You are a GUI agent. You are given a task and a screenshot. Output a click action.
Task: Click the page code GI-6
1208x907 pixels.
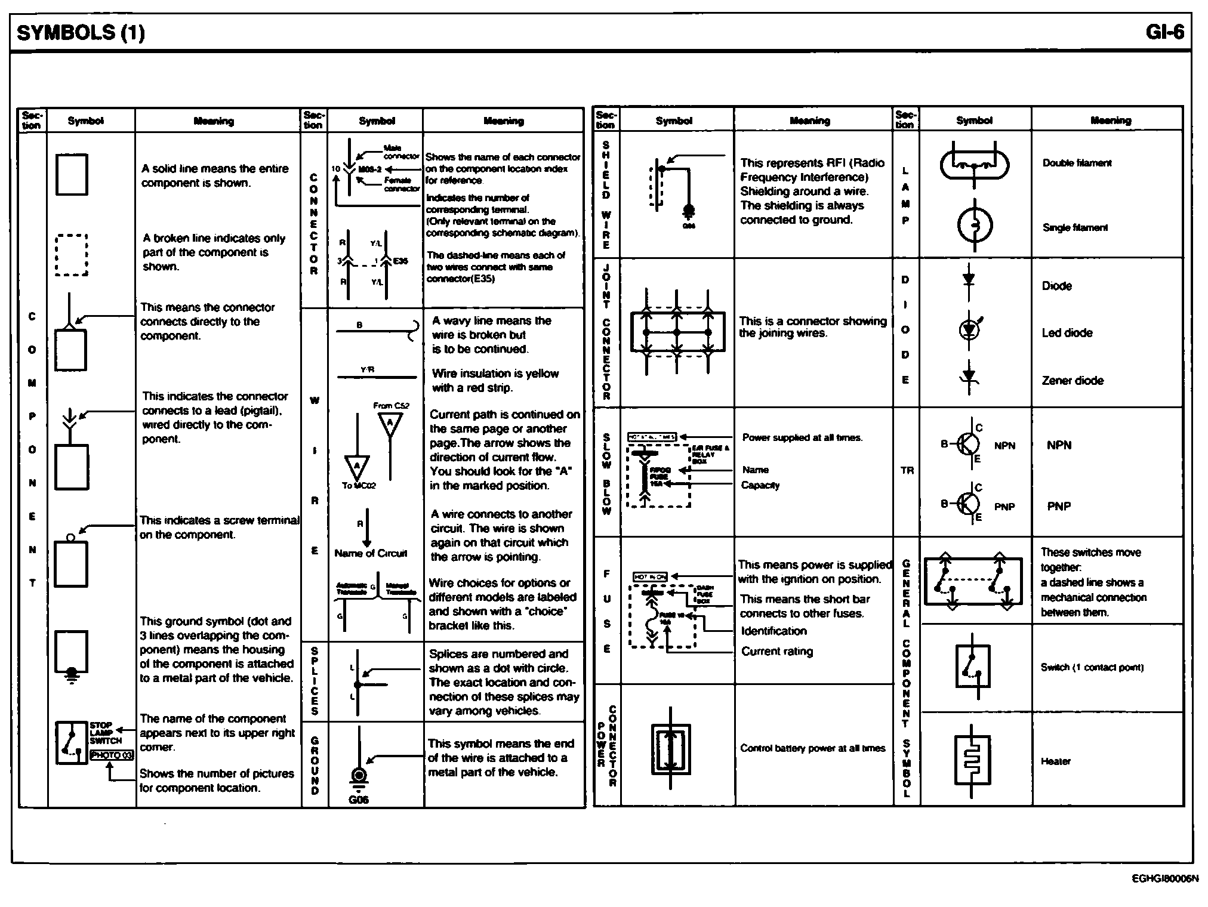point(1164,32)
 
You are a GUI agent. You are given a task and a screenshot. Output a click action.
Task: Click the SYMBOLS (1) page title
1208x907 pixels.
point(81,32)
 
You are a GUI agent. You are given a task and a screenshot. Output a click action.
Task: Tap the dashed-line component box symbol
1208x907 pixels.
point(72,255)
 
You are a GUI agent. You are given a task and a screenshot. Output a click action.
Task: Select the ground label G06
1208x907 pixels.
point(358,800)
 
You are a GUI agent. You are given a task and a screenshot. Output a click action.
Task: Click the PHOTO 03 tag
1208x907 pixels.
point(112,755)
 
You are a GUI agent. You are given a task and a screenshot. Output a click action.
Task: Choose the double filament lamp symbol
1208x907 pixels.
point(974,163)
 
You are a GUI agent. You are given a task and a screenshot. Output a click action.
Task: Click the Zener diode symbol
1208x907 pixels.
point(969,377)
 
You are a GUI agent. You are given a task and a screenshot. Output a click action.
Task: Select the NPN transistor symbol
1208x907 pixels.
point(967,444)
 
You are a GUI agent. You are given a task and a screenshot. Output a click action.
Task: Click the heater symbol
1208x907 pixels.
point(973,761)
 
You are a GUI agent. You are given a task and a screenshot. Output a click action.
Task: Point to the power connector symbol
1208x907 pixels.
point(671,749)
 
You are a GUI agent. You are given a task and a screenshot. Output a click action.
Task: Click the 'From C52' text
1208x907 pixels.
point(391,406)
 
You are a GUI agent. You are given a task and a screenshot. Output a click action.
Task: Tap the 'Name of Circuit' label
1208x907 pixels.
point(371,553)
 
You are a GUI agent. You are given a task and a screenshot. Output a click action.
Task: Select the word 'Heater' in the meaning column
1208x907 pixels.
point(1055,761)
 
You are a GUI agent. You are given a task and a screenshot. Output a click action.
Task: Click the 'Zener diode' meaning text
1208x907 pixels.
point(1073,381)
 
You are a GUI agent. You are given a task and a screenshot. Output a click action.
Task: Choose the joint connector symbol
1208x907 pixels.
point(677,332)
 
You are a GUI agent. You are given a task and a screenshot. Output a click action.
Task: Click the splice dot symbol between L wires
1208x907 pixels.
point(357,684)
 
